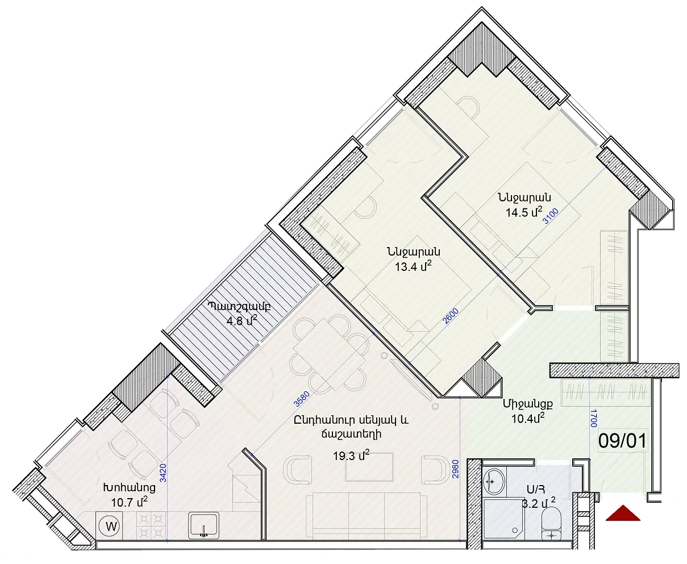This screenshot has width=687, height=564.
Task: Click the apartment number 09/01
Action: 622,441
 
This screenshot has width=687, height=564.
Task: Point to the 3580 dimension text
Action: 301,399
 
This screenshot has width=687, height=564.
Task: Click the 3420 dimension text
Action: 163,473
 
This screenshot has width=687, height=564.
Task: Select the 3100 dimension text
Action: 550,216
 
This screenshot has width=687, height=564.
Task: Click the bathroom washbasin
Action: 494,482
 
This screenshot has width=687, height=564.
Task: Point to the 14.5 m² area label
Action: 524,212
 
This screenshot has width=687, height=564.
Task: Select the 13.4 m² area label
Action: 413,266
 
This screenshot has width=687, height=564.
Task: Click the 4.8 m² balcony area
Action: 242,321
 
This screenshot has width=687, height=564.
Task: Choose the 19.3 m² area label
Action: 351,456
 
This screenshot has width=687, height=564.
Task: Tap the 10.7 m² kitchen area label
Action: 130,502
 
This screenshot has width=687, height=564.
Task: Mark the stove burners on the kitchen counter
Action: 150,525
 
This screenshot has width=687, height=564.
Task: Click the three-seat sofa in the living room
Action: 366,516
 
